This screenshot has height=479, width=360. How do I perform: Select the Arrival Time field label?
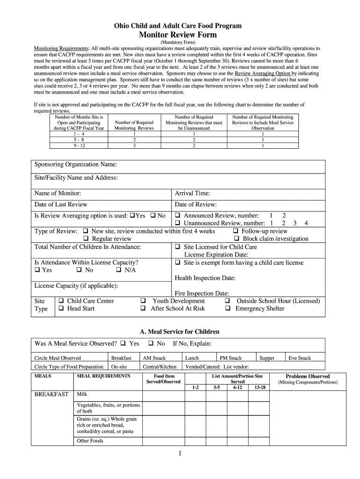coord(192,193)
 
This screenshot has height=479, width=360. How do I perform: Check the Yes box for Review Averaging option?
coord(132,216)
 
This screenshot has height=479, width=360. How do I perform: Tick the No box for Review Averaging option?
coord(153,216)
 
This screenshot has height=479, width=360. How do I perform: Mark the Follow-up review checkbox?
coord(236,231)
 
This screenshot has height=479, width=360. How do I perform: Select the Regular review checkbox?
coord(86,239)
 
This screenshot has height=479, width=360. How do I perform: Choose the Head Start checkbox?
coord(61,309)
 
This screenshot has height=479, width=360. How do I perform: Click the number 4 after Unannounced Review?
coord(306,224)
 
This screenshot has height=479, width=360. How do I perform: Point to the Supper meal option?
coord(267,358)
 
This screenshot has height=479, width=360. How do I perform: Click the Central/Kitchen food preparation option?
coord(159,367)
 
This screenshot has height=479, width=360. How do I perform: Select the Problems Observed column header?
coord(308,376)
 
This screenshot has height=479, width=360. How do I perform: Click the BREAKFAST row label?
coord(51,394)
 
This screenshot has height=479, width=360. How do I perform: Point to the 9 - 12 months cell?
coord(79,145)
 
